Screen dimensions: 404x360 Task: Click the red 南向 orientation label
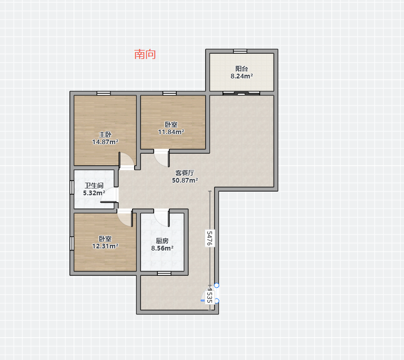(x=145, y=54)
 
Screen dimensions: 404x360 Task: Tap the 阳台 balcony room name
(x=241, y=68)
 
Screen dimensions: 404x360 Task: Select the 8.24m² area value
(x=241, y=76)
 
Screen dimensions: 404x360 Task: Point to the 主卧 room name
(x=105, y=134)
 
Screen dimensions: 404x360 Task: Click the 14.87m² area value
(x=105, y=142)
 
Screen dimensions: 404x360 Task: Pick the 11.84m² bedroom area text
(x=171, y=132)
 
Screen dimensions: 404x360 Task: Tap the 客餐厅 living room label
(x=185, y=173)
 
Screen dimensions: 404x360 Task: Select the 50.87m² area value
(x=185, y=180)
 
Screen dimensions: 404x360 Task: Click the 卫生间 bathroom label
(x=94, y=185)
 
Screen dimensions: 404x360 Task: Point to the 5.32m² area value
(x=94, y=193)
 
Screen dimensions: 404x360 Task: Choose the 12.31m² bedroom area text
(x=105, y=246)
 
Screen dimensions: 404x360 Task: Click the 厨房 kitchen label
(x=162, y=241)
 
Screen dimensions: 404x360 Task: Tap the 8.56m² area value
(x=162, y=248)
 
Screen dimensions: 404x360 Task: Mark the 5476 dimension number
(x=210, y=238)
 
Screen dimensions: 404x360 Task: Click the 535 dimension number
(x=210, y=297)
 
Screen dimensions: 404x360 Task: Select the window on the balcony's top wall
(x=240, y=52)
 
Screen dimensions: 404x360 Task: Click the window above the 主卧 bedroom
(x=104, y=93)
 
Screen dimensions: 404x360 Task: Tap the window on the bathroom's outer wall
(x=72, y=187)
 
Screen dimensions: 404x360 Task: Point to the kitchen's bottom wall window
(x=164, y=273)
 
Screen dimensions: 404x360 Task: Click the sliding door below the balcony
(x=241, y=93)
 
